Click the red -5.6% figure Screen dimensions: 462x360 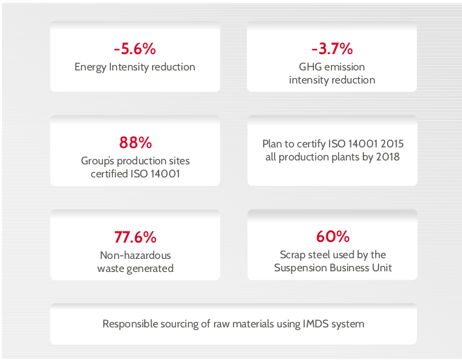pyautogui.click(x=134, y=49)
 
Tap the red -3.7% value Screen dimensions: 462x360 pyautogui.click(x=331, y=49)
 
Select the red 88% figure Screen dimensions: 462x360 pyautogui.click(x=135, y=143)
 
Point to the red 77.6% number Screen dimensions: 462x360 pyautogui.click(x=135, y=237)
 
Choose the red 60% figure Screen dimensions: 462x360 pyautogui.click(x=333, y=236)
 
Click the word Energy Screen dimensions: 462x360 pyautogui.click(x=90, y=67)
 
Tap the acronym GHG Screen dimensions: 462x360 pyautogui.click(x=310, y=67)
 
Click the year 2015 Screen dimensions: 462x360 pyautogui.click(x=392, y=143)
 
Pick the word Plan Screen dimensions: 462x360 pyautogui.click(x=273, y=143)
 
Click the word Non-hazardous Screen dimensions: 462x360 pyautogui.click(x=135, y=255)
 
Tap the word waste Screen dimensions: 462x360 pyautogui.click(x=111, y=269)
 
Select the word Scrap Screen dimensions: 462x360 pyautogui.click(x=292, y=255)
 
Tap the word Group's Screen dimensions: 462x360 pyautogui.click(x=97, y=161)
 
